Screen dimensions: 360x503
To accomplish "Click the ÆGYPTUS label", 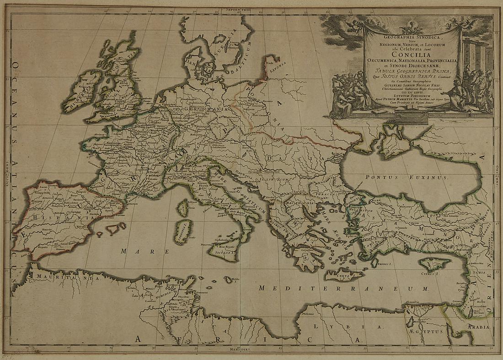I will [x=424, y=330].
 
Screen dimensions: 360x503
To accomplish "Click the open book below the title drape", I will [x=379, y=111].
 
